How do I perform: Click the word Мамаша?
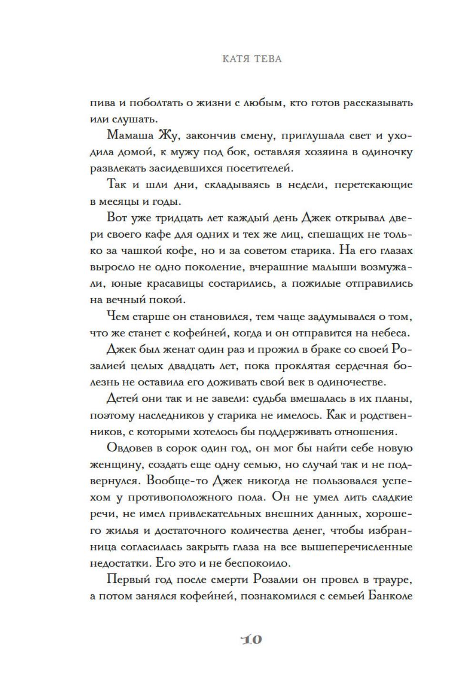click(x=129, y=135)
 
